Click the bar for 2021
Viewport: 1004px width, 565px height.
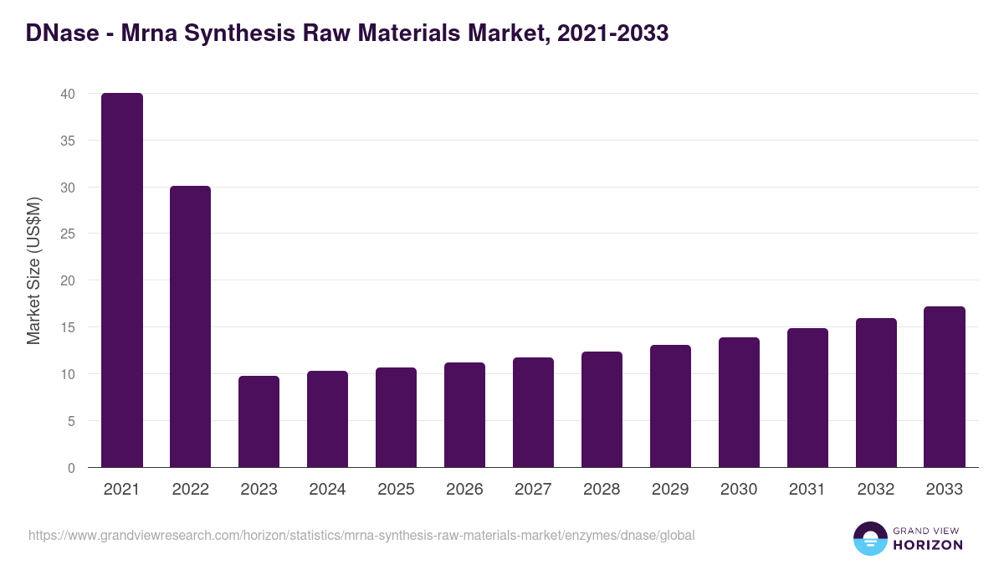point(122,280)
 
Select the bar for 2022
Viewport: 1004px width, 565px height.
point(191,326)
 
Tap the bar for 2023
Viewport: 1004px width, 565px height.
point(259,422)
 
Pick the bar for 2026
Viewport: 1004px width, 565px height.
point(464,415)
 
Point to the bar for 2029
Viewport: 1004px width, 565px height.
point(670,406)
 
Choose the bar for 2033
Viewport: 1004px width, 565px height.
point(945,387)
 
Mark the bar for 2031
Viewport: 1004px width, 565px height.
point(807,398)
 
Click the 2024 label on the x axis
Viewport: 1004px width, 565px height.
point(327,490)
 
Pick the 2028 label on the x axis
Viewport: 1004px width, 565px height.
point(602,490)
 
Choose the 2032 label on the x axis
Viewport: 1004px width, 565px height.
point(876,490)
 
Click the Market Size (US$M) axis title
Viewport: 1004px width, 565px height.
point(33,270)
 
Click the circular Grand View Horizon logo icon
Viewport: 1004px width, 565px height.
point(869,538)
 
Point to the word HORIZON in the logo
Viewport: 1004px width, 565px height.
point(929,545)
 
